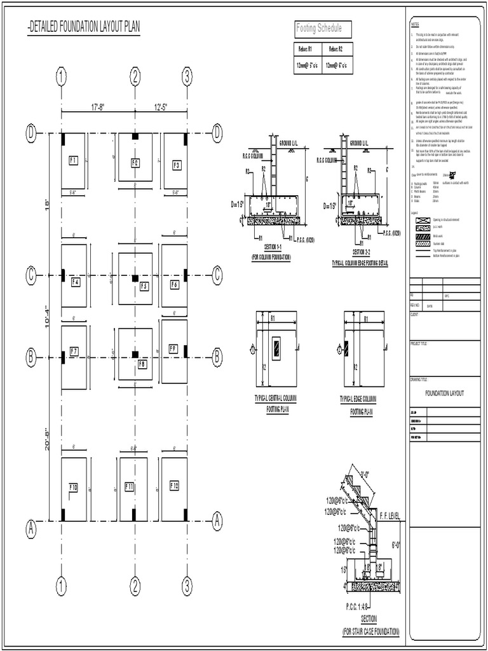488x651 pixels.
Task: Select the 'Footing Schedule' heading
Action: click(319, 29)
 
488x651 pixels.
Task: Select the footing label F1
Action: click(73, 161)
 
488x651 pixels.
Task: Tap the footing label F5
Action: click(144, 286)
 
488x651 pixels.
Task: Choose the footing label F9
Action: click(173, 348)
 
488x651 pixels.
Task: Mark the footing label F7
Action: click(74, 351)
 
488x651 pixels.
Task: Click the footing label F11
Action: click(130, 486)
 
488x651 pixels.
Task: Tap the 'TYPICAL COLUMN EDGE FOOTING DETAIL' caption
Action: click(359, 263)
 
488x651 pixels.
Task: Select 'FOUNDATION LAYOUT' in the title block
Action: click(444, 394)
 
